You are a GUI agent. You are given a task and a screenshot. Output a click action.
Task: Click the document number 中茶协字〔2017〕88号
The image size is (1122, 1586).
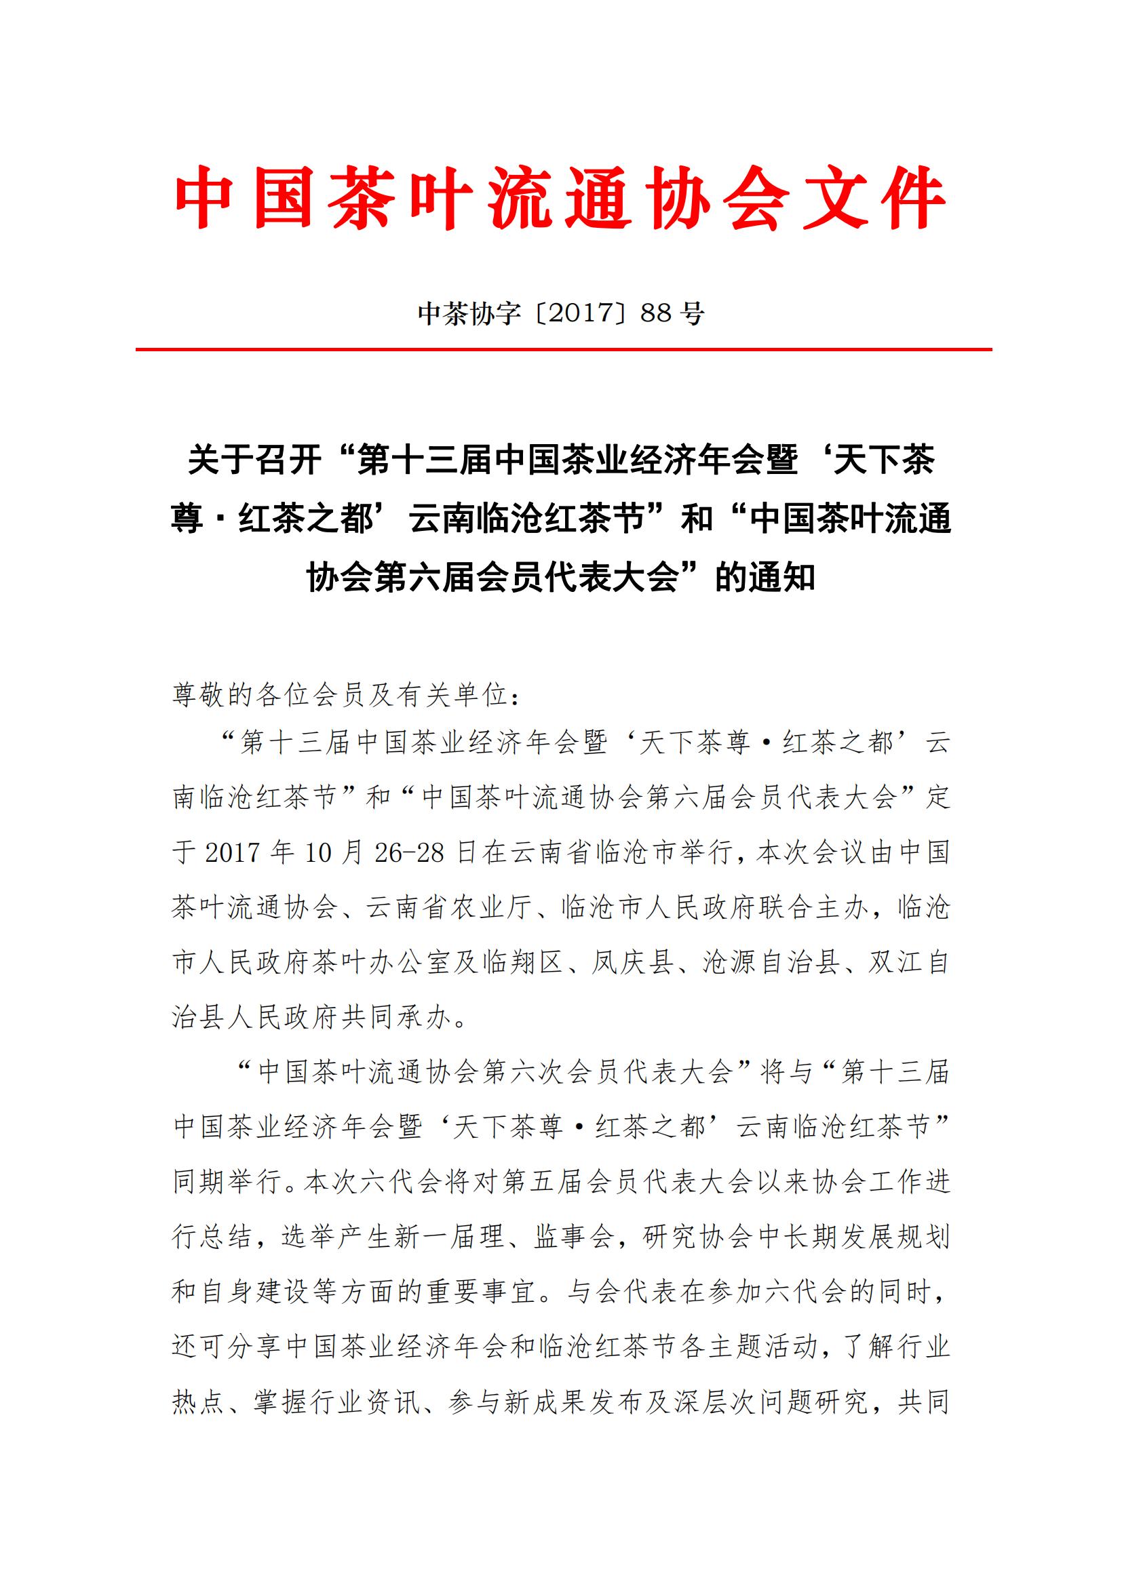(x=560, y=314)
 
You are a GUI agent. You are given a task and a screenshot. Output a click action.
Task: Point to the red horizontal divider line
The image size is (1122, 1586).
(x=563, y=349)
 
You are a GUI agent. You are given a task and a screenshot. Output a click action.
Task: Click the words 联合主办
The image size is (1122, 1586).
(x=813, y=908)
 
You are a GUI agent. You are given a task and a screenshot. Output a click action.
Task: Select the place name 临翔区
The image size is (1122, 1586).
(x=523, y=962)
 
